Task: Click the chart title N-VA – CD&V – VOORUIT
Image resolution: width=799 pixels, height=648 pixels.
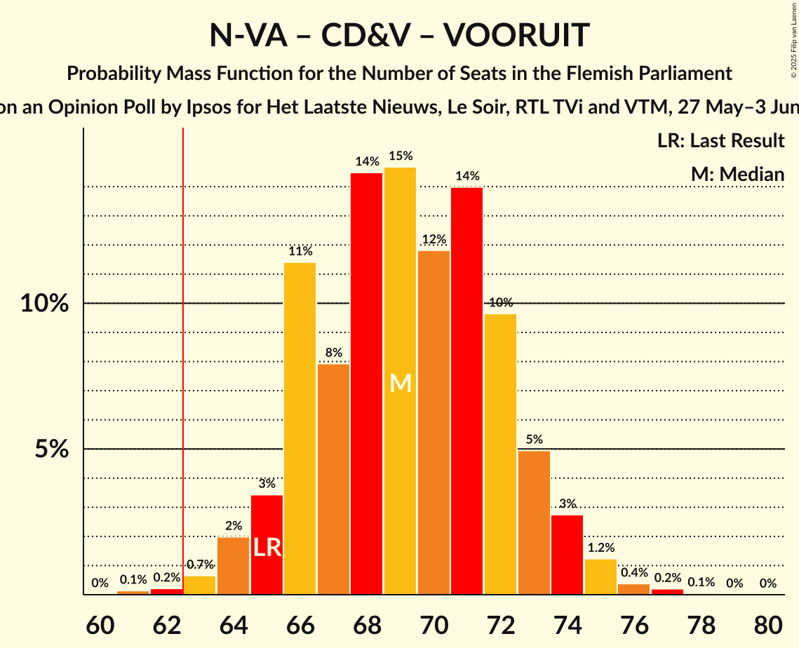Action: pos(399,35)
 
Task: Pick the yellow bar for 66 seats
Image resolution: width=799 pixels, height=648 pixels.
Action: pos(300,428)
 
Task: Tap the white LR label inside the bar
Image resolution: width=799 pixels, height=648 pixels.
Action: pos(267,548)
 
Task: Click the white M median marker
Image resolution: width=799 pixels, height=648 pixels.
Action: pos(400,383)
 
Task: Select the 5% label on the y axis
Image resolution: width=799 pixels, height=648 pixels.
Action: pos(53,449)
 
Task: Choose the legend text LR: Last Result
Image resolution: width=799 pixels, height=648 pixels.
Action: pos(720,141)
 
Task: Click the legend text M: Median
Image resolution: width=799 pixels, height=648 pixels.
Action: pos(737,175)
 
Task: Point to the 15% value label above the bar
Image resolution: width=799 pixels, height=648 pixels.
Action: pos(400,156)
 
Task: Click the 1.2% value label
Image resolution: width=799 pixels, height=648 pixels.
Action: pos(600,548)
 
